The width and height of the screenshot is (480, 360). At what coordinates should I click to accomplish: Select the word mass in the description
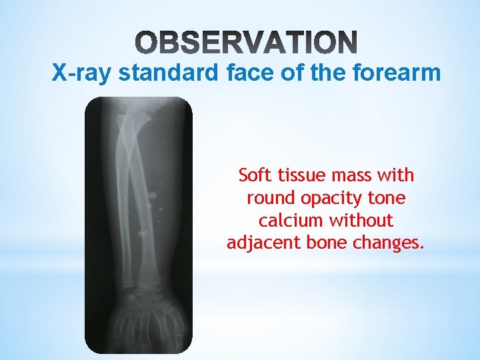[354, 176]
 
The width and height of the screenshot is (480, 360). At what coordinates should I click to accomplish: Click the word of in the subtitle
[287, 71]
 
